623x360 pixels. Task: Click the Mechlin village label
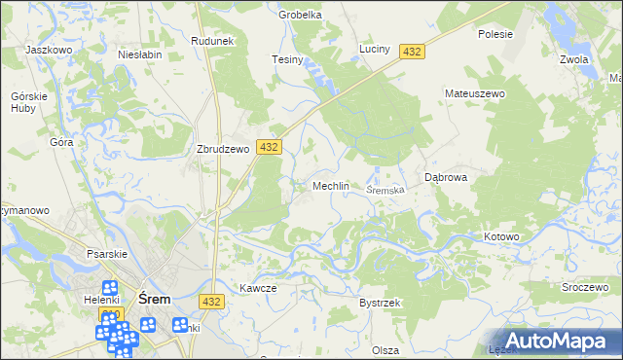coord(330,186)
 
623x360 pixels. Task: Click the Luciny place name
coord(375,48)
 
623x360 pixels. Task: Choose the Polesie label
coord(495,33)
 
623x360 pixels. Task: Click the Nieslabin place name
coord(139,55)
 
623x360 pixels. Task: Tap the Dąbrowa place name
coord(448,178)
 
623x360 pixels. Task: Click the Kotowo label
coord(502,236)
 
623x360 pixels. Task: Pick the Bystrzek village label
coord(380,303)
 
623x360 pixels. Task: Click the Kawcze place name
coord(258,288)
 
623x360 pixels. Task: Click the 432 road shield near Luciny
coord(413,52)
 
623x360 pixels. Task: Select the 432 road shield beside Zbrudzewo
coord(270,147)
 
